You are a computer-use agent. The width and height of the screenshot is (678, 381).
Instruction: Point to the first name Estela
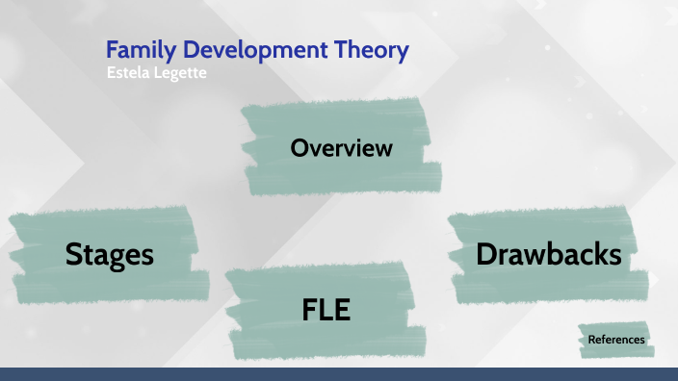128,71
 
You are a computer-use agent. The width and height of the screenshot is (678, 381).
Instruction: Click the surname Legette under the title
177,72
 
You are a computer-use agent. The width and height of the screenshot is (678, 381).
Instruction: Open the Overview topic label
341,148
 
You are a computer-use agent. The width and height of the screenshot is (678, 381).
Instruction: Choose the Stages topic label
110,254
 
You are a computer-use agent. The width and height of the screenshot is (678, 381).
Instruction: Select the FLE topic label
326,310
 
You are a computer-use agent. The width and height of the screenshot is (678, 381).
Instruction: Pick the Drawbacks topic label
548,254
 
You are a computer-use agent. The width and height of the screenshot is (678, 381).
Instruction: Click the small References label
615,340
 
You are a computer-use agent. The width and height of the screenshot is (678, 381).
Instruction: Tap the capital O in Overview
299,148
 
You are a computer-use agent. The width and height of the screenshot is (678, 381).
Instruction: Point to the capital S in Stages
74,254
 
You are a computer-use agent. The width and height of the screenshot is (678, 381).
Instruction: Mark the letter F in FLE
308,310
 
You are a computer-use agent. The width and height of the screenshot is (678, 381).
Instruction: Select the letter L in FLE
326,310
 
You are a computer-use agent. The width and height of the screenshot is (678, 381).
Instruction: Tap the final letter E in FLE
343,310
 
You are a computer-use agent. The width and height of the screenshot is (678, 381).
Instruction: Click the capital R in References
591,340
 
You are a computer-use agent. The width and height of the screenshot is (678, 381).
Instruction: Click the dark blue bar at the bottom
339,374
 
